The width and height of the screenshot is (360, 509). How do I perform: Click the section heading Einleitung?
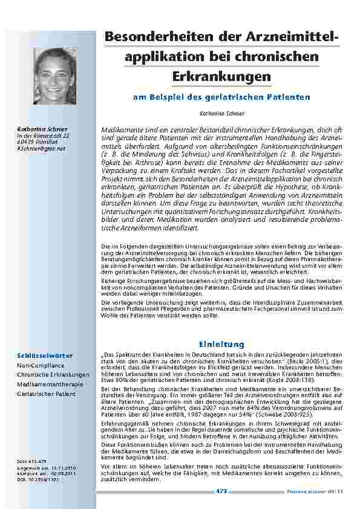(226, 344)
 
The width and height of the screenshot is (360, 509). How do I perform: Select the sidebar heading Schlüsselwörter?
(42, 356)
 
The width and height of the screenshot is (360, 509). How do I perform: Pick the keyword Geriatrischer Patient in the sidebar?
(47, 394)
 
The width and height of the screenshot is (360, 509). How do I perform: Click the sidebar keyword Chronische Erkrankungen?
(53, 375)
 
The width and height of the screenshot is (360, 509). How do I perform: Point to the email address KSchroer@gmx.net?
(41, 148)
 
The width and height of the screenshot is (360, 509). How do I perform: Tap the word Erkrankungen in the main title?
(221, 77)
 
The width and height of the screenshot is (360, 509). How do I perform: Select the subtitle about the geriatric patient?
(221, 97)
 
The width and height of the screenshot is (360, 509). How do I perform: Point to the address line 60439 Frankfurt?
(38, 141)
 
